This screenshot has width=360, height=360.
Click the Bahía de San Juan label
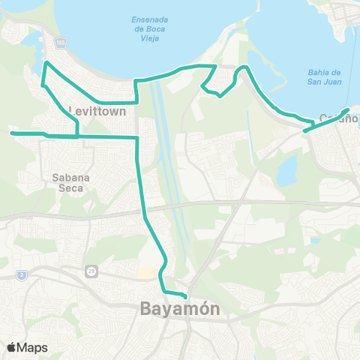coord(324,76)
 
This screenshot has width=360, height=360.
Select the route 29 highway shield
coord(91,269)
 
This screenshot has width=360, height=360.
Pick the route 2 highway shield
coord(22,275)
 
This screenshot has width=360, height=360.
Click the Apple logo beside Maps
coord(12,347)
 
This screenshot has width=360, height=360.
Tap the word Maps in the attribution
coord(32,347)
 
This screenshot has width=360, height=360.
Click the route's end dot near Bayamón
coord(185,295)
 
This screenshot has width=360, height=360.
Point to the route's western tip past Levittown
coord(11,133)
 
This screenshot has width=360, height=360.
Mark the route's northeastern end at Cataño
coord(348,110)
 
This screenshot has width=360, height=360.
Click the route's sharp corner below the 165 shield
coord(46,63)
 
